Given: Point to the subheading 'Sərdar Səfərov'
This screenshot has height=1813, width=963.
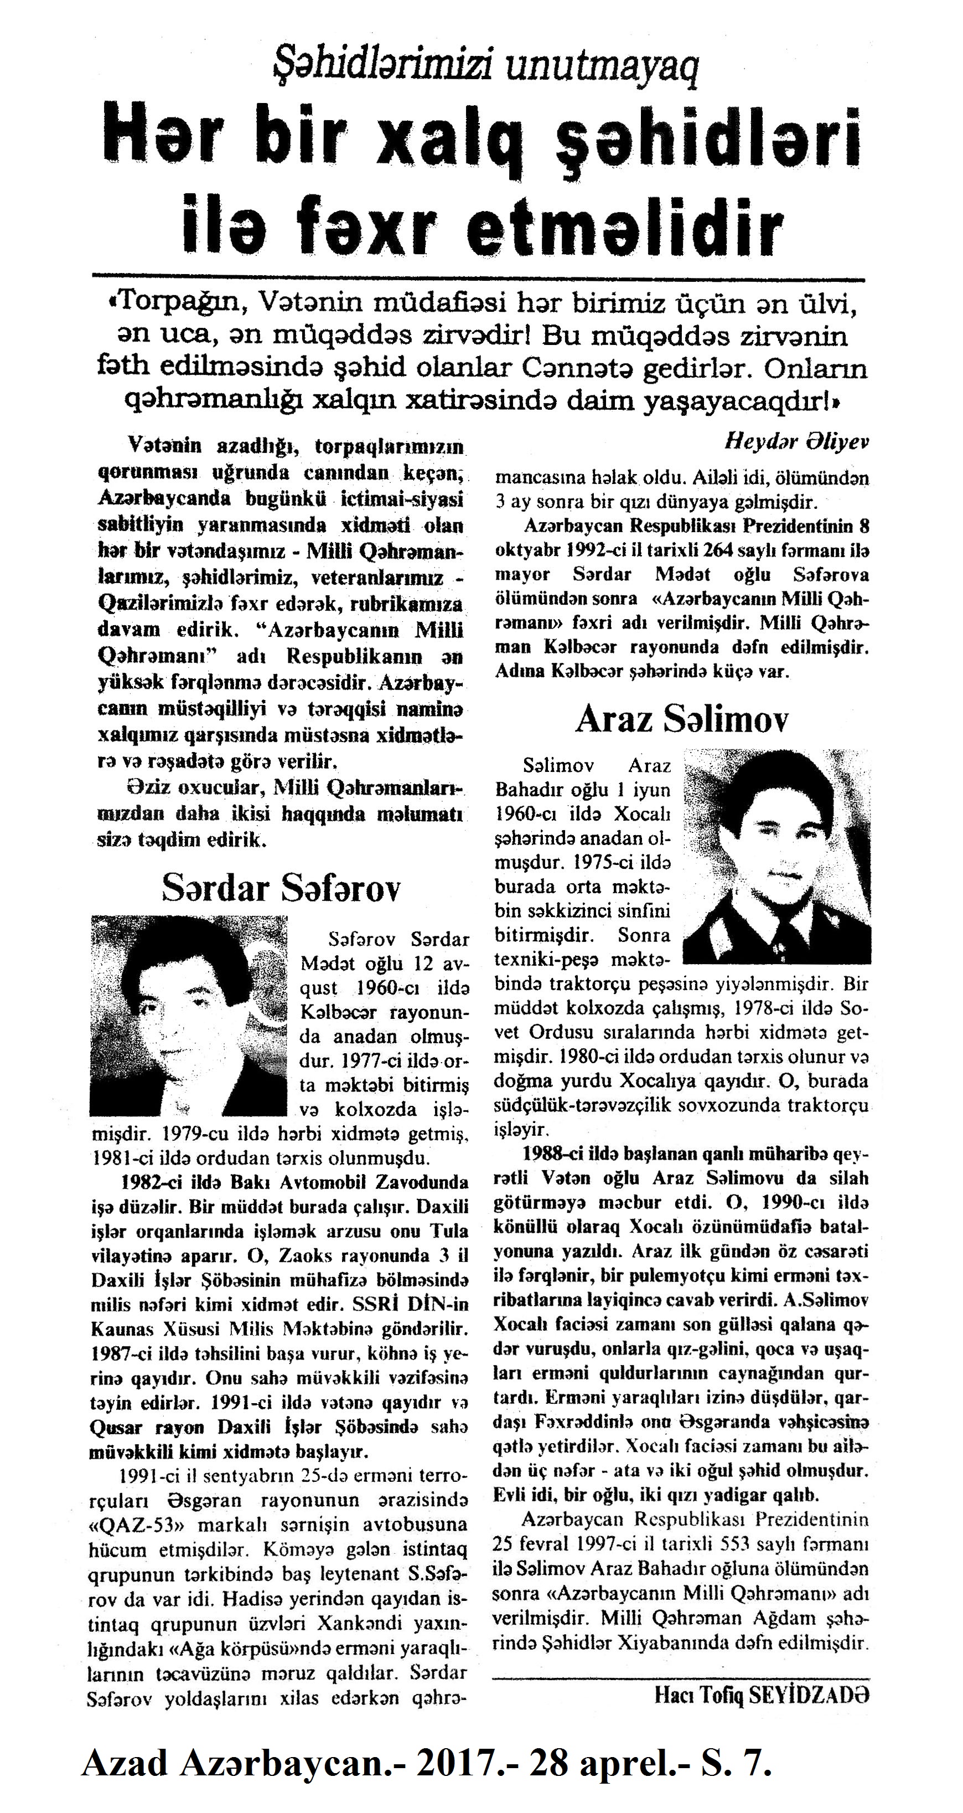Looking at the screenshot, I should coord(281,888).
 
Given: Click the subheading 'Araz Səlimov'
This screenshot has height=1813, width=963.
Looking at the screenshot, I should coord(682,719).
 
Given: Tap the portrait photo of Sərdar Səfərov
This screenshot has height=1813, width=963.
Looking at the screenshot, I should coord(189,1016).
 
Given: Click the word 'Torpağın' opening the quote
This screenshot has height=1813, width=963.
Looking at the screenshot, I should coord(180,303).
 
